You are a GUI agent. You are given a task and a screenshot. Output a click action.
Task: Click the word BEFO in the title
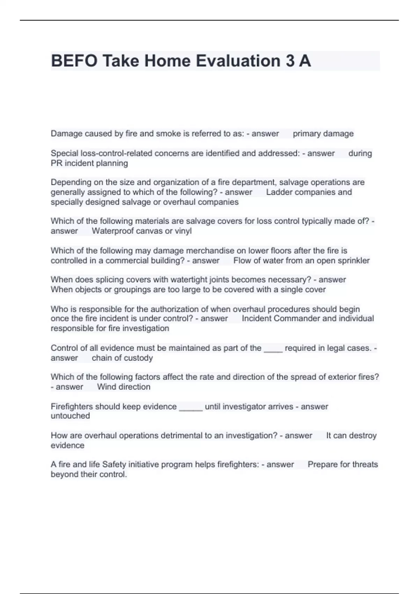click(x=74, y=61)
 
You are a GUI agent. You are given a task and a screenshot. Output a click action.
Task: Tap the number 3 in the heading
click(x=290, y=61)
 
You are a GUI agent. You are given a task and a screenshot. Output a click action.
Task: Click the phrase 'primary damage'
click(x=323, y=133)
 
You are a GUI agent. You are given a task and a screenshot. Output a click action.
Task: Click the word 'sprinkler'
click(x=352, y=261)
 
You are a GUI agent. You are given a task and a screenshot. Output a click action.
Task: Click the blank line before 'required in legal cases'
click(x=273, y=349)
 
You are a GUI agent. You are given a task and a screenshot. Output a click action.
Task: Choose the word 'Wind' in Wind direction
click(x=105, y=387)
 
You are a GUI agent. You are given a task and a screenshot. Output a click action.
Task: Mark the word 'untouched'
click(x=70, y=416)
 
